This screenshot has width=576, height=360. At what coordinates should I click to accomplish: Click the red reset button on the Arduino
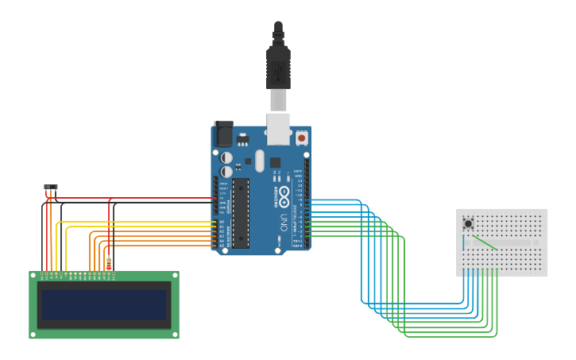point(301,137)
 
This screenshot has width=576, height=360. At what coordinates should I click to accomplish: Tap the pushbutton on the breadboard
point(468,224)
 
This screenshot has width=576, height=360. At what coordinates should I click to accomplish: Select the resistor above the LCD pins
point(109,263)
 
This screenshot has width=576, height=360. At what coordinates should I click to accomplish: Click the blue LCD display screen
point(104,304)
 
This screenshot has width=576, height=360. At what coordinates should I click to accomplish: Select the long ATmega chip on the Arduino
point(241,212)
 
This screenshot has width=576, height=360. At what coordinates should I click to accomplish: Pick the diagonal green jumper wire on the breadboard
point(485,242)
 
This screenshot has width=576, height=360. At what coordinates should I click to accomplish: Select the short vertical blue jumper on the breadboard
point(463,242)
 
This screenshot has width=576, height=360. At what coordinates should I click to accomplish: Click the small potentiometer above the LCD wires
point(51,188)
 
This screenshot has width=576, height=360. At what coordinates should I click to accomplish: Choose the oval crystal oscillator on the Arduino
point(259,161)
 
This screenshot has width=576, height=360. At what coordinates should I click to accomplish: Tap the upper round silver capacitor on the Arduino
point(226,157)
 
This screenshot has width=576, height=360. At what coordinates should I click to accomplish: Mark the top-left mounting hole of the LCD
point(34,276)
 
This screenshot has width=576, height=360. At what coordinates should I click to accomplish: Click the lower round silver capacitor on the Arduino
point(226,171)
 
